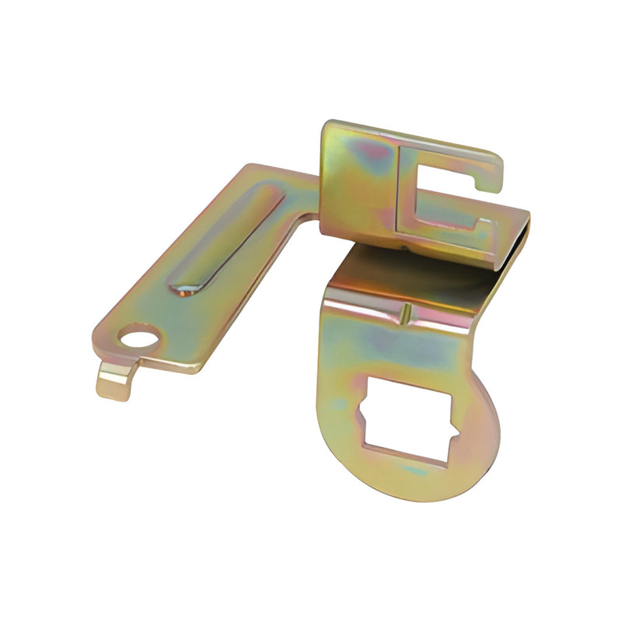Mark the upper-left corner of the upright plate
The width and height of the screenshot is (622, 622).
point(327,124)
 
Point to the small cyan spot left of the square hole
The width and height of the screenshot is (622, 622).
point(336,404)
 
